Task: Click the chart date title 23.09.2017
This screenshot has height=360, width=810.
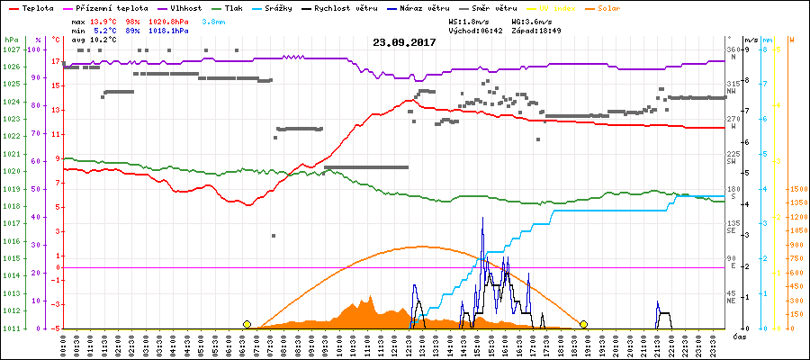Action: click(405, 42)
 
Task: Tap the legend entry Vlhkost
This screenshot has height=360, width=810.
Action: click(184, 7)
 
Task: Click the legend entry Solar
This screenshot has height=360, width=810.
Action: click(622, 7)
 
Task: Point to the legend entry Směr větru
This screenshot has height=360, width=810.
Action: click(494, 7)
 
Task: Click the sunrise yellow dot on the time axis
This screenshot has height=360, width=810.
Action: click(247, 324)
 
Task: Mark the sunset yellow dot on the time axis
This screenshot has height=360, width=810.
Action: click(584, 324)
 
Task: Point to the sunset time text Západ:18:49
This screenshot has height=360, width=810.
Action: click(536, 30)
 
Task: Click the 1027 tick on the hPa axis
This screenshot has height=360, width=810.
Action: click(11, 49)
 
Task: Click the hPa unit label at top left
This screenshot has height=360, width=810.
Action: click(11, 40)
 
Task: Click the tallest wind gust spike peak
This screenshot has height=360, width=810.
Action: click(483, 217)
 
